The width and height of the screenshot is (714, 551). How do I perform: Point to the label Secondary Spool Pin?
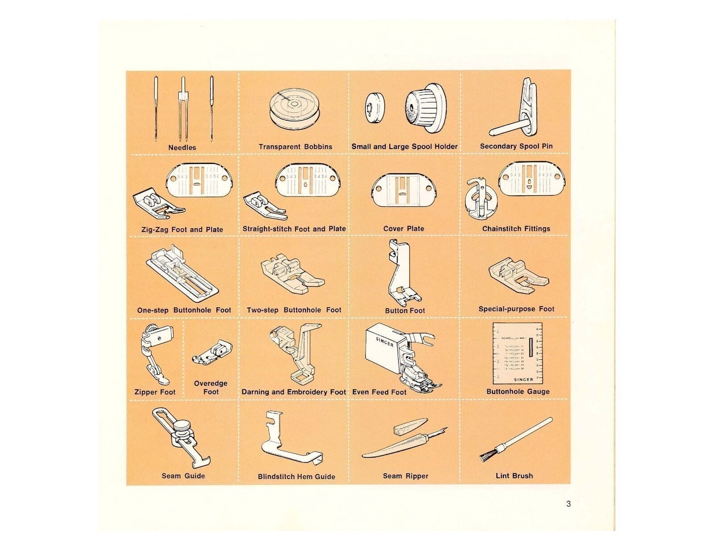[x=516, y=146]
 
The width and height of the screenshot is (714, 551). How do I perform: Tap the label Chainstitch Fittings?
[x=516, y=229]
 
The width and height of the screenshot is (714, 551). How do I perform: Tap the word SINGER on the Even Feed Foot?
[x=385, y=341]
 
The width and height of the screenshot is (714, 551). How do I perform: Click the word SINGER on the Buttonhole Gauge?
[x=523, y=380]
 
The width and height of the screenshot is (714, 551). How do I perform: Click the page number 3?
[x=568, y=504]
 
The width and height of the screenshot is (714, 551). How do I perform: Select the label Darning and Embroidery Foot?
[x=294, y=392]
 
